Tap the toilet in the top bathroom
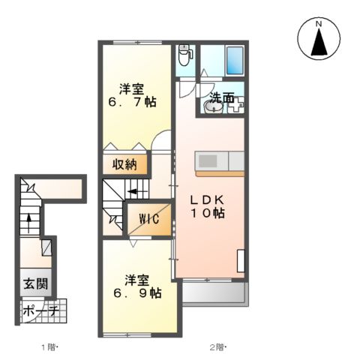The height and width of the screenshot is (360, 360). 185,54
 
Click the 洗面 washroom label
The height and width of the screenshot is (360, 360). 221,97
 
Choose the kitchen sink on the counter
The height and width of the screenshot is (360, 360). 207,161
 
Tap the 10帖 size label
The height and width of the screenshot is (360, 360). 210,214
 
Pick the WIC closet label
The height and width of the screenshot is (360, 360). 147,220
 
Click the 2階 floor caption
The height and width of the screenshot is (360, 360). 217,347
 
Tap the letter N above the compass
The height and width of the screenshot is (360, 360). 318,23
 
